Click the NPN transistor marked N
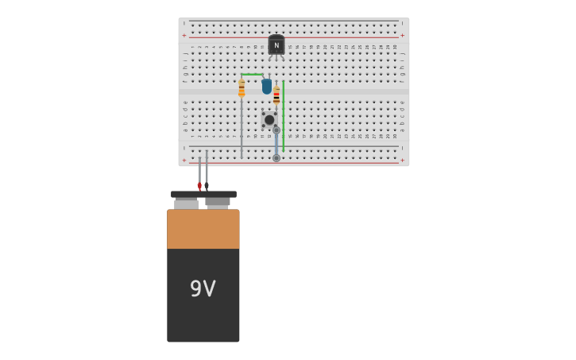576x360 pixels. [276, 45]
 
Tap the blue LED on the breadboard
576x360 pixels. [267, 86]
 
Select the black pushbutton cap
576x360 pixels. [269, 120]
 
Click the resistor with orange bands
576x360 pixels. [242, 88]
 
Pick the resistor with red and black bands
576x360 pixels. [276, 96]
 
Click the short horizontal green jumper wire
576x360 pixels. [252, 75]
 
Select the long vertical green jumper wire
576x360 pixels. [284, 115]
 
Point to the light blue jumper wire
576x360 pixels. [276, 144]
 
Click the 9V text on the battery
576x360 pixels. [203, 288]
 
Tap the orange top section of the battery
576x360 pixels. [203, 229]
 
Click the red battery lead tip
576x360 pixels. [199, 186]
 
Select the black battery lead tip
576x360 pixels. [207, 186]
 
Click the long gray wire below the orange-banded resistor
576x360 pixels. [242, 127]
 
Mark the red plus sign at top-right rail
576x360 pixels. [402, 35]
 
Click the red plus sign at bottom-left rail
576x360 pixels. [184, 160]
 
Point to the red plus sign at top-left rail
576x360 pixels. [184, 35]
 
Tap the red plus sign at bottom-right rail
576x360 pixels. [402, 160]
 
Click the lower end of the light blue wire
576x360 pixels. [276, 158]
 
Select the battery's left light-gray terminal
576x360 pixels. [186, 203]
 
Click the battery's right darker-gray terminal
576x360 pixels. [218, 202]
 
